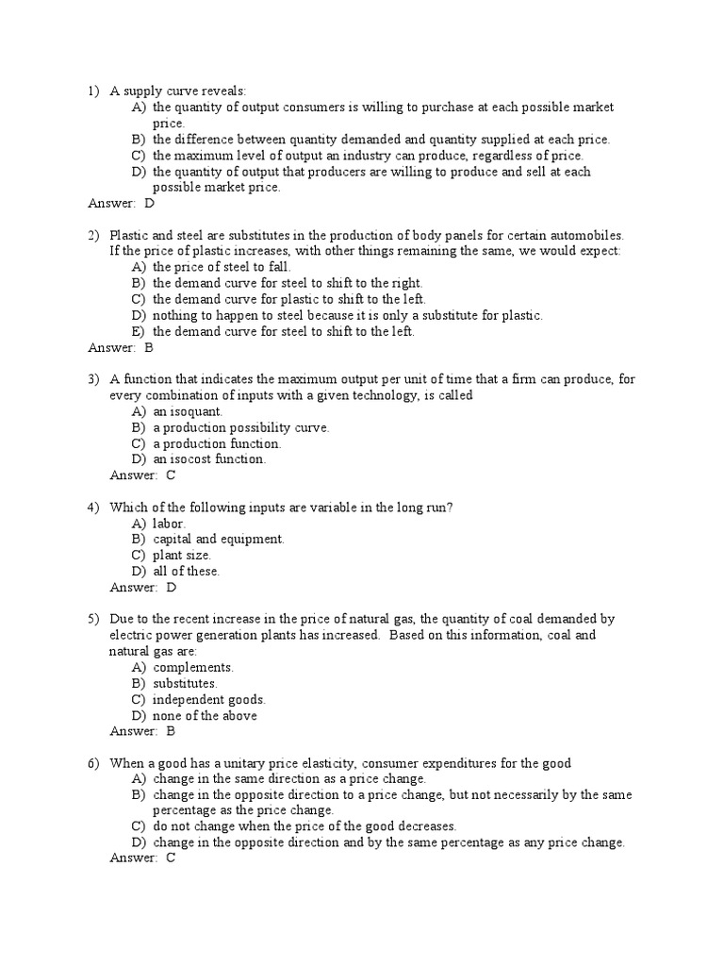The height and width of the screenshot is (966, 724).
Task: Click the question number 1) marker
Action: click(x=93, y=92)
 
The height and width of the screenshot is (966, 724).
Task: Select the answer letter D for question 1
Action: click(x=149, y=203)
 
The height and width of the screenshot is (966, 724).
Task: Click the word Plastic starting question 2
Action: click(x=131, y=235)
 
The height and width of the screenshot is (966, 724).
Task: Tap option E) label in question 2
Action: click(x=139, y=331)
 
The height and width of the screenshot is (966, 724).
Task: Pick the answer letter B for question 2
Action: click(x=149, y=347)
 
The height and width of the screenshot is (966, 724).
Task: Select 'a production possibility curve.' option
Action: click(x=240, y=427)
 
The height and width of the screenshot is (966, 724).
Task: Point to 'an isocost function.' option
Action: click(x=209, y=459)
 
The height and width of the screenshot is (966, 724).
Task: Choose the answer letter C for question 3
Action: click(x=171, y=475)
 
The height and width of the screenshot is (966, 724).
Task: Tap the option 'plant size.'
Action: click(x=182, y=555)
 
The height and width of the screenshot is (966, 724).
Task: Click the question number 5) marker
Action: click(x=93, y=619)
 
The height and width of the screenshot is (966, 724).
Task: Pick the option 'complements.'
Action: click(x=193, y=667)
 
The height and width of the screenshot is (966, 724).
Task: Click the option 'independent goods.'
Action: click(x=209, y=699)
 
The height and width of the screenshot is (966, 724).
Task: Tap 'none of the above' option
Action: click(x=205, y=715)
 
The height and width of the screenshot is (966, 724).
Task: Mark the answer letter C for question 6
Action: click(x=171, y=858)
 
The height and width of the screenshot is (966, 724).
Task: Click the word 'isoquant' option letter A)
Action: click(x=139, y=411)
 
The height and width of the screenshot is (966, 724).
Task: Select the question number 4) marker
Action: click(x=93, y=508)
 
